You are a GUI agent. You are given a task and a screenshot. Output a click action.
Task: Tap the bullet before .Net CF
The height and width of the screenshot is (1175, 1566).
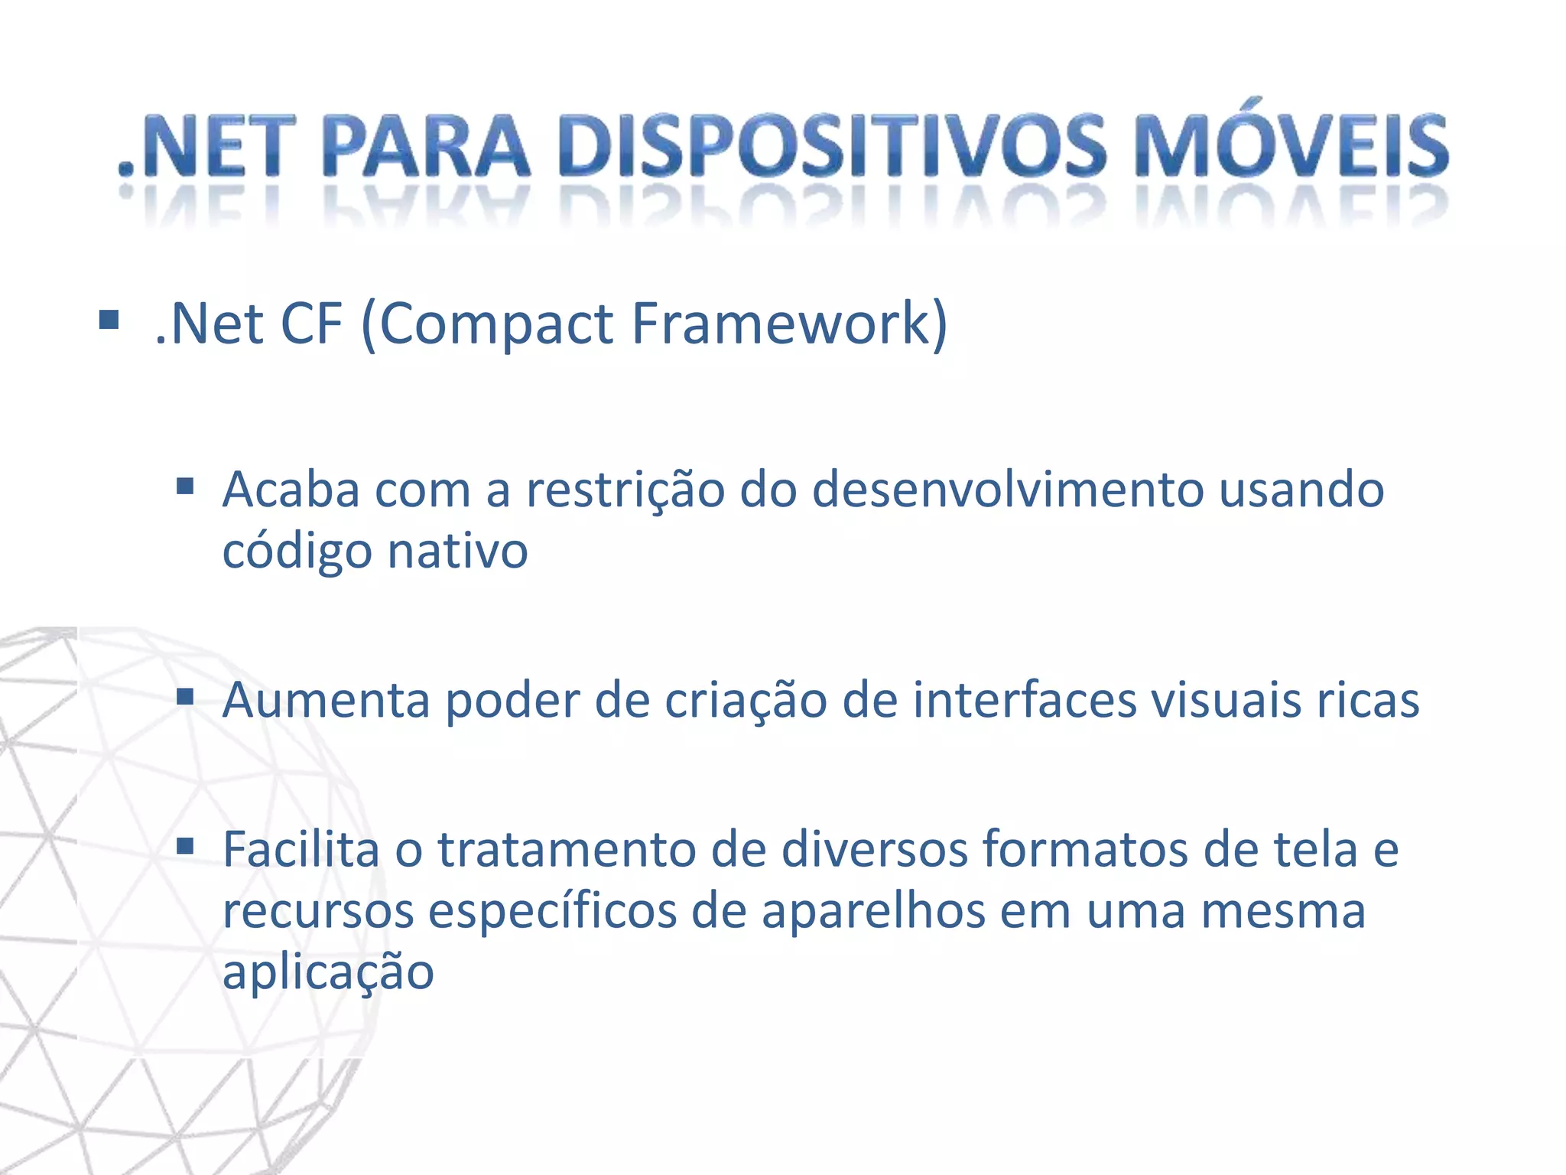click(109, 319)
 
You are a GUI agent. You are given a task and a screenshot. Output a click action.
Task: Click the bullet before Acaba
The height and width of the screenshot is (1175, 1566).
click(185, 487)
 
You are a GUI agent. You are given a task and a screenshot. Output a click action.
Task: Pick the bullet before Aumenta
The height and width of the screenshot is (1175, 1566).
click(185, 697)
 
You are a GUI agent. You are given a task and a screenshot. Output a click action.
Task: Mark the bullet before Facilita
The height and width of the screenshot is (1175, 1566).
click(185, 846)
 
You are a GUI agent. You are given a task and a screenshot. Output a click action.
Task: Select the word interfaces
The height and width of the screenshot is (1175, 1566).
click(1025, 700)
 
